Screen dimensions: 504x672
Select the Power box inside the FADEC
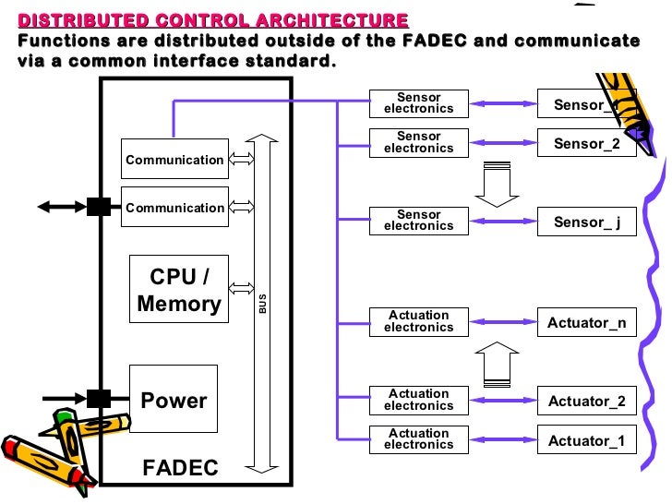coord(174,401)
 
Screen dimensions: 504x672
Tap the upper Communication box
coord(174,160)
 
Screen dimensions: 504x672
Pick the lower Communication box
coord(174,208)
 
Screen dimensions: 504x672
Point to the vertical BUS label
coord(262,304)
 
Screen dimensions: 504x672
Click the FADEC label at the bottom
coord(180,468)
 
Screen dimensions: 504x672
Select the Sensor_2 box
coord(586,143)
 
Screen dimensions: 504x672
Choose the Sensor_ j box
coord(586,222)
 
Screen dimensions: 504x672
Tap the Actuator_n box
coord(586,323)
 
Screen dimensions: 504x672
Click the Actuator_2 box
coord(586,402)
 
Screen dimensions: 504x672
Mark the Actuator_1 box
coord(586,440)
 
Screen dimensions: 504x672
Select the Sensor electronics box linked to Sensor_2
coord(418,142)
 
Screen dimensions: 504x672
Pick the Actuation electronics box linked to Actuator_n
coord(418,321)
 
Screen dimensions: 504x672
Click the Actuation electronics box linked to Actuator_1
coord(418,439)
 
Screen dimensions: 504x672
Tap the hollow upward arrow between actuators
coord(496,363)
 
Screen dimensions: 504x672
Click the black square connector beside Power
coord(99,399)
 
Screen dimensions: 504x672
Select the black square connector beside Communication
coord(99,207)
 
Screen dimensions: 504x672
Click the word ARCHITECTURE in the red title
coord(327,20)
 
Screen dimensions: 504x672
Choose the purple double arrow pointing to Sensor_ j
coord(503,221)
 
